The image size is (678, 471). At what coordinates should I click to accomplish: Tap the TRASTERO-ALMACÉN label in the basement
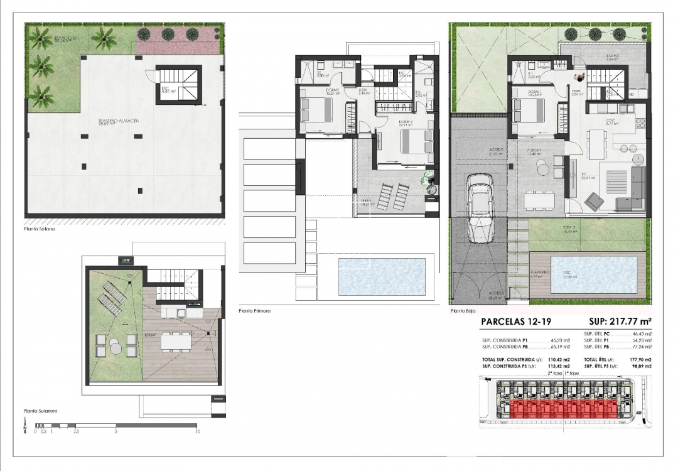[x=119, y=120]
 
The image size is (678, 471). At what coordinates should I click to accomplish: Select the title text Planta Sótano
[x=40, y=229]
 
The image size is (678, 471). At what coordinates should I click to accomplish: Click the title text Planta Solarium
[x=41, y=411]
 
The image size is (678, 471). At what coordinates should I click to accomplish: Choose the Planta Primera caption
[x=255, y=310]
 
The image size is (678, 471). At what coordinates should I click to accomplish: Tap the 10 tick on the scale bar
[x=198, y=431]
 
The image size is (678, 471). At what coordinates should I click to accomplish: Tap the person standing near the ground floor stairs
[x=581, y=76]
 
